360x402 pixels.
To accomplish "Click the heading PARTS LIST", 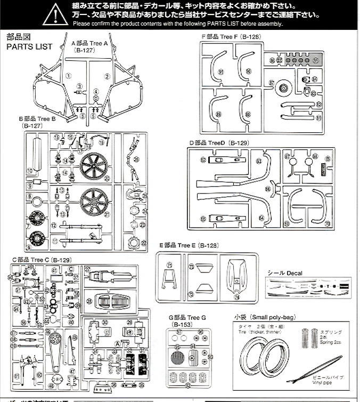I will coord(29,46).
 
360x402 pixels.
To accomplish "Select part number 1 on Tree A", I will coord(69,76).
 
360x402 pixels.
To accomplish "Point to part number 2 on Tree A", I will coord(107,76).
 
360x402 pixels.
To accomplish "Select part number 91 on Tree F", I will coord(220,71).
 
